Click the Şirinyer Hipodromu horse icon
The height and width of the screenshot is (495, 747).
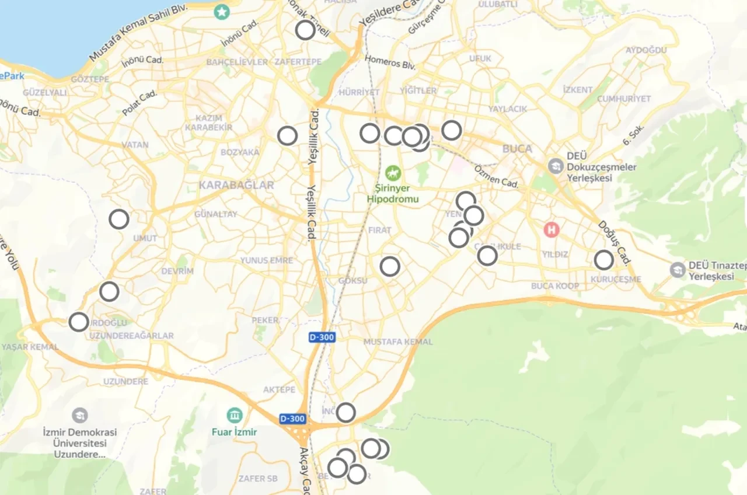click(392, 173)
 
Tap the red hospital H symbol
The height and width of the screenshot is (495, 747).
click(550, 229)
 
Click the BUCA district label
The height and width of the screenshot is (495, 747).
click(517, 149)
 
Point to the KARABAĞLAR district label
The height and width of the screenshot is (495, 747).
click(236, 186)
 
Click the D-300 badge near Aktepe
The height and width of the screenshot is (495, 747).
click(292, 419)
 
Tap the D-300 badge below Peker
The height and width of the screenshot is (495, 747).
click(322, 338)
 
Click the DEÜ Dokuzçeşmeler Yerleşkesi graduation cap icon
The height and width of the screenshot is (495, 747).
click(556, 166)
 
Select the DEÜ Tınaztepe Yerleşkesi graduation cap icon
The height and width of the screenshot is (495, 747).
click(678, 270)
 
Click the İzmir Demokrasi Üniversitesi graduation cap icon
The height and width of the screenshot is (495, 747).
click(80, 416)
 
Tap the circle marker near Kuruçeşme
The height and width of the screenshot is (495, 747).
click(604, 260)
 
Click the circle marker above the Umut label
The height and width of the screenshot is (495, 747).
click(119, 219)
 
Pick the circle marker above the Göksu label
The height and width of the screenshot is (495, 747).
click(390, 266)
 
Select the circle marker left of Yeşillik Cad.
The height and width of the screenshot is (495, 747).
click(287, 135)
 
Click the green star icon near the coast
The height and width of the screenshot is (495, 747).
click(221, 11)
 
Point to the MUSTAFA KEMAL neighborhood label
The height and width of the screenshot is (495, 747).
click(398, 341)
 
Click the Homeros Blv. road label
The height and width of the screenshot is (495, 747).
click(390, 62)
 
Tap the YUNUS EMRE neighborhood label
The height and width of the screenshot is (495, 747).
click(267, 260)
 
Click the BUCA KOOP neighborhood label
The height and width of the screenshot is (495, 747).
click(555, 286)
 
